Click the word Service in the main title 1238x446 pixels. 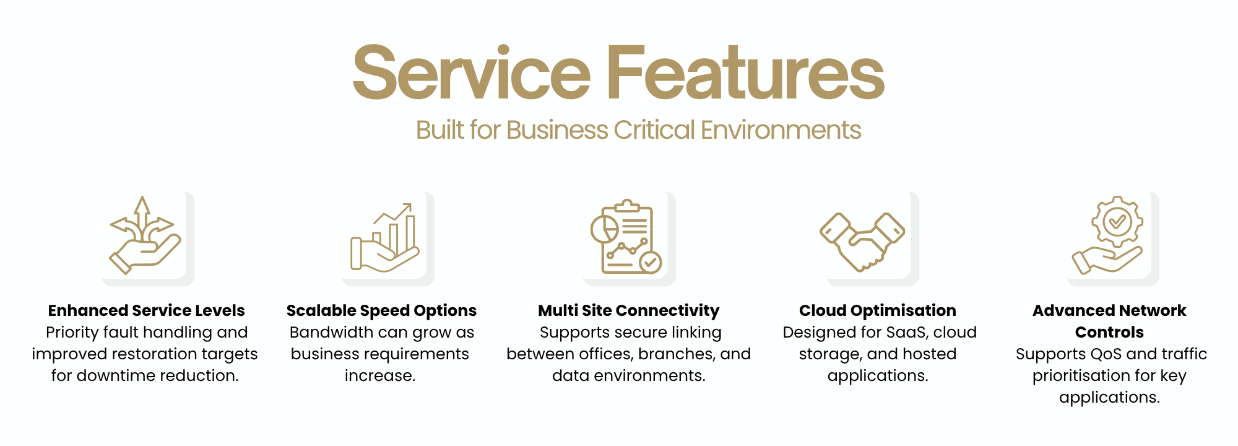(x=472, y=72)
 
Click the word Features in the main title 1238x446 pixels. (x=746, y=72)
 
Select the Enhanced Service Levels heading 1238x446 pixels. (x=147, y=310)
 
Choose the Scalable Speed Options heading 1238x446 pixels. (x=381, y=311)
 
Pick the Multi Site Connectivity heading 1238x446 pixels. (x=629, y=311)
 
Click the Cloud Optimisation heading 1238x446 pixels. (x=878, y=311)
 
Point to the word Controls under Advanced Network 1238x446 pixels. (x=1109, y=332)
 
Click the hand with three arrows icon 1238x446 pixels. (x=145, y=235)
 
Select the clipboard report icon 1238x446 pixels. (x=626, y=237)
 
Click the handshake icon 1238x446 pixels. (x=862, y=242)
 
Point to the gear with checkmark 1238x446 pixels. (x=1117, y=221)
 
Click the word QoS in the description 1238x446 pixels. (x=1088, y=354)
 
